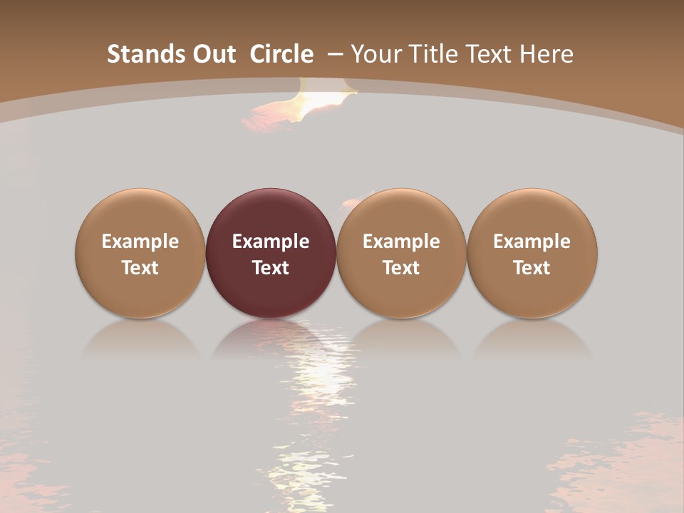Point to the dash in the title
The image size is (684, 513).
(335, 54)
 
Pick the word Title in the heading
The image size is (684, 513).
(435, 54)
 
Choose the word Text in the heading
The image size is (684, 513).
(494, 54)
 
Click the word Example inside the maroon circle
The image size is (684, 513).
(271, 242)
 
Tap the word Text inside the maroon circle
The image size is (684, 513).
(271, 268)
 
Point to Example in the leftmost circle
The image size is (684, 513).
(140, 242)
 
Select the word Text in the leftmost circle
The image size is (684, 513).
(140, 268)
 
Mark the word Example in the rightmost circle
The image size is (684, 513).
(532, 242)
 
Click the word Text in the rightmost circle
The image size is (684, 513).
(532, 268)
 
